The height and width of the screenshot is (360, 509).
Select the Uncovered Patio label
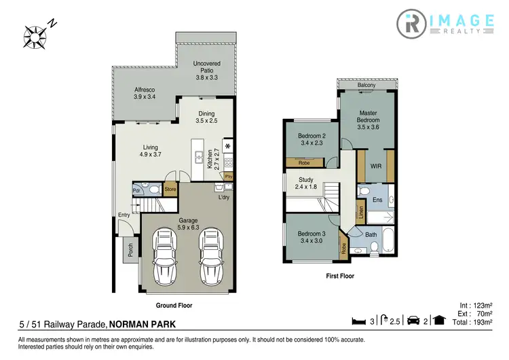point(206,70)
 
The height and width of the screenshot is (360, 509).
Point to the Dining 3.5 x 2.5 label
point(206,118)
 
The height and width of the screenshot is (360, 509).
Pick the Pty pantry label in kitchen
point(229,176)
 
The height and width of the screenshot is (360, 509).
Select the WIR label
point(375,165)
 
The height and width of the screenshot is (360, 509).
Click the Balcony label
point(366,85)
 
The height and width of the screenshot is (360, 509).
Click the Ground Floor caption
point(175,306)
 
